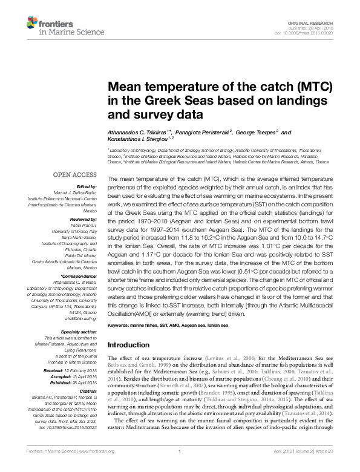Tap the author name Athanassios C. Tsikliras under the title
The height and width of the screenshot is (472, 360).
137,133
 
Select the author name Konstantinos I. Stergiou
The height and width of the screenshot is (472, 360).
134,140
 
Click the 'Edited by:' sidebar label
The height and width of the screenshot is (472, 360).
88,187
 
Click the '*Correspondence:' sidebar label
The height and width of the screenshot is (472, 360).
82,276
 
